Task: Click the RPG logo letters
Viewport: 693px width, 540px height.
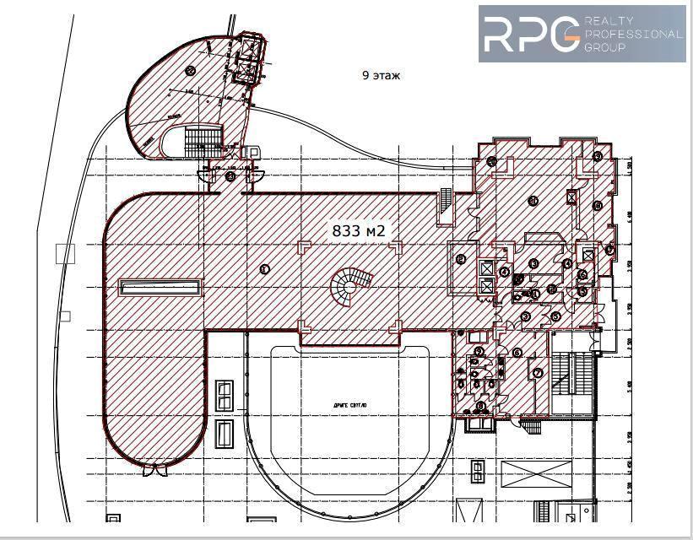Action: tap(529, 34)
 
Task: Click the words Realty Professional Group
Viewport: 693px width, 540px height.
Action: tap(631, 34)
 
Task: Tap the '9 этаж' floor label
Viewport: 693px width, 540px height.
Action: tap(381, 76)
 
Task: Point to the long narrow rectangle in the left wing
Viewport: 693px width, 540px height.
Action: tap(161, 288)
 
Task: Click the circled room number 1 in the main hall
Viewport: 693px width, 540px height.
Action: tap(264, 269)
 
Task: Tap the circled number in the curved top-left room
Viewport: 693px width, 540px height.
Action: tap(191, 70)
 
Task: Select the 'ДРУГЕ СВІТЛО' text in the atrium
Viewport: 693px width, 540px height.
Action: tap(345, 406)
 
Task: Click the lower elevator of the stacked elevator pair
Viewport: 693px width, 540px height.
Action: tap(486, 285)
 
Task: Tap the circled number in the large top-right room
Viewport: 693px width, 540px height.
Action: tap(533, 200)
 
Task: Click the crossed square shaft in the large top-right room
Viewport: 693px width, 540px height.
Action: tap(572, 197)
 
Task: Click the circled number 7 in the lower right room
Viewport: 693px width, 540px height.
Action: tap(534, 372)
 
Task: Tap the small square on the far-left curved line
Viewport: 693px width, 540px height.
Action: tap(62, 253)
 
